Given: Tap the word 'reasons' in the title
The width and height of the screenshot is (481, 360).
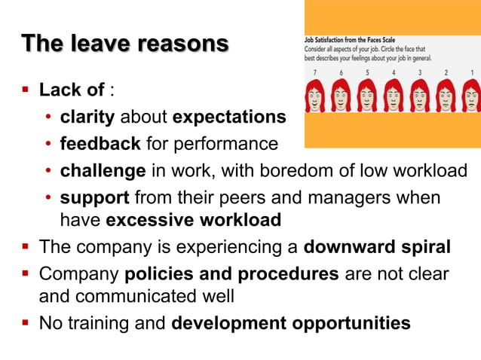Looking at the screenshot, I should coord(184,44).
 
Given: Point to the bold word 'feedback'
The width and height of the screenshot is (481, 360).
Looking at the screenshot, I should coord(100,143).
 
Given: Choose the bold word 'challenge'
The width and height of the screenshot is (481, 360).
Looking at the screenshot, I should coord(103,169).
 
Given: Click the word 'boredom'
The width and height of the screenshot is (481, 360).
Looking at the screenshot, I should coord(281,169).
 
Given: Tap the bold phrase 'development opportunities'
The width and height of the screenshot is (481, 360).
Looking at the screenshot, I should coord(291,324).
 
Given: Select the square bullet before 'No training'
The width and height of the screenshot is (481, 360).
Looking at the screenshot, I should coord(25,324).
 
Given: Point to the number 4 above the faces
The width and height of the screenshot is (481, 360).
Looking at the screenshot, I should coord(393,73).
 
